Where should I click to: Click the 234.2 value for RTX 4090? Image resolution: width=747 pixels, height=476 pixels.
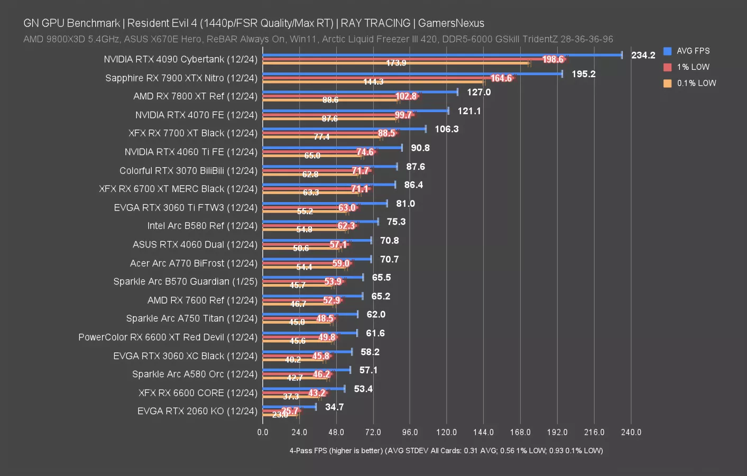(643, 55)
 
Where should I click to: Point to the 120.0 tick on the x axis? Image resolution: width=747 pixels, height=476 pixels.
(446, 432)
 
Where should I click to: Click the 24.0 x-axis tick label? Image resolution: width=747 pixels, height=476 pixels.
(299, 432)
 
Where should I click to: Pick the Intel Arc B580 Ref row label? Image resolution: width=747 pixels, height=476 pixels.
(202, 226)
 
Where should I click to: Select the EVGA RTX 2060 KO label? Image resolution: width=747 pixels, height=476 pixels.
(197, 411)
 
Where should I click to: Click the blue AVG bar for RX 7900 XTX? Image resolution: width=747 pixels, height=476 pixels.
(412, 74)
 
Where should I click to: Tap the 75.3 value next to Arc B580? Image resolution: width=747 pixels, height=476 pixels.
(396, 222)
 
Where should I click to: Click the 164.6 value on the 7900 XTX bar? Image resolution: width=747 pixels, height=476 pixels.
(501, 78)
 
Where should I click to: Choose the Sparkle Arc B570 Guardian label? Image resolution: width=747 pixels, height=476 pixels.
(185, 281)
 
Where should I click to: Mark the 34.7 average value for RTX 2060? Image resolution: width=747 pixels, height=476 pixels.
(334, 407)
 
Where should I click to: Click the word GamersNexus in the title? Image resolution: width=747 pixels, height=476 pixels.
(451, 23)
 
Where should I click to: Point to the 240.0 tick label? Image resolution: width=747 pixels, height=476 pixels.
(631, 432)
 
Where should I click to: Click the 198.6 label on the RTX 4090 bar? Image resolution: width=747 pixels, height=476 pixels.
(553, 59)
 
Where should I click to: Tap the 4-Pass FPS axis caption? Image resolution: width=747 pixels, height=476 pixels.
(446, 451)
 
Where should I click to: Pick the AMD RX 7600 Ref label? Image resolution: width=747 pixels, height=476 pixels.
(202, 300)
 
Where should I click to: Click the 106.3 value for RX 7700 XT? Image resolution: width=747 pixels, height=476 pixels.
(447, 129)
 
